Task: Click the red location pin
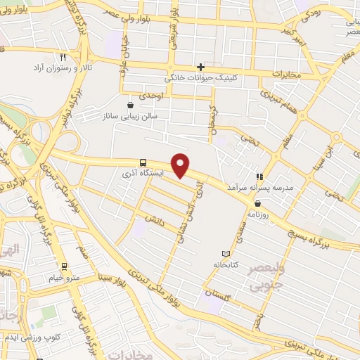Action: pyautogui.click(x=181, y=166)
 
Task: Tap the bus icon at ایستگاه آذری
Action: pyautogui.click(x=143, y=161)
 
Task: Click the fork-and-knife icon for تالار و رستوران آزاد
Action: pyautogui.click(x=63, y=57)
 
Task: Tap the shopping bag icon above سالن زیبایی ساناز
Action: pyautogui.click(x=130, y=104)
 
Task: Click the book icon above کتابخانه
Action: pyautogui.click(x=225, y=253)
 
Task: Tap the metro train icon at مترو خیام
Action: pyautogui.click(x=64, y=266)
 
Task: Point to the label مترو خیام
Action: pyautogui.click(x=64, y=278)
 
